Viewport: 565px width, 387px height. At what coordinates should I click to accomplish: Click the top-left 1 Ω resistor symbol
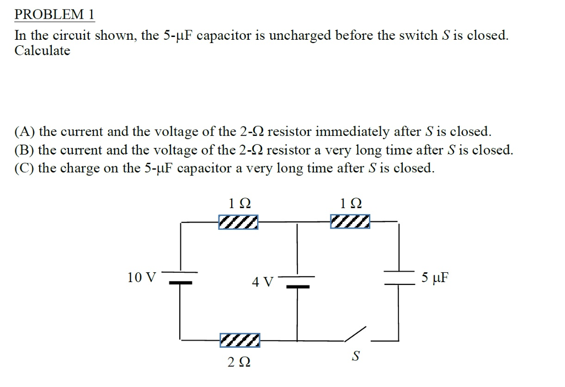click(x=238, y=222)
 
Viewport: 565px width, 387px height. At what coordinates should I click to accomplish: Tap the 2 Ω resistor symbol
click(x=239, y=340)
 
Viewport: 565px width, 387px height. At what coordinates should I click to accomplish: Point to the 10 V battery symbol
click(x=180, y=277)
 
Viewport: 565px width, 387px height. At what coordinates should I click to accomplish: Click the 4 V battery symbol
click(x=298, y=281)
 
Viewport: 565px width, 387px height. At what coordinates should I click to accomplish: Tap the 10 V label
click(x=141, y=277)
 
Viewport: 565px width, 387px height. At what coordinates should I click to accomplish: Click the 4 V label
click(x=262, y=282)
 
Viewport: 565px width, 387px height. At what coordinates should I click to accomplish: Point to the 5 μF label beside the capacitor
click(x=435, y=277)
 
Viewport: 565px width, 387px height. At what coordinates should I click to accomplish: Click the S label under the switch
click(x=356, y=357)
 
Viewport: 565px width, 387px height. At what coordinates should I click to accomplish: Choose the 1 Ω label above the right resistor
click(x=351, y=203)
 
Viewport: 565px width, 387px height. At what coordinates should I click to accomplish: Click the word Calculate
click(x=42, y=51)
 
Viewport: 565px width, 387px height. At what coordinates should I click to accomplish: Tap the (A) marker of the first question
click(x=25, y=132)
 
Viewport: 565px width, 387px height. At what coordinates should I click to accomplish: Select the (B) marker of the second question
click(x=25, y=150)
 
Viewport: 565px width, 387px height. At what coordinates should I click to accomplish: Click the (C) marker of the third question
click(x=25, y=168)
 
